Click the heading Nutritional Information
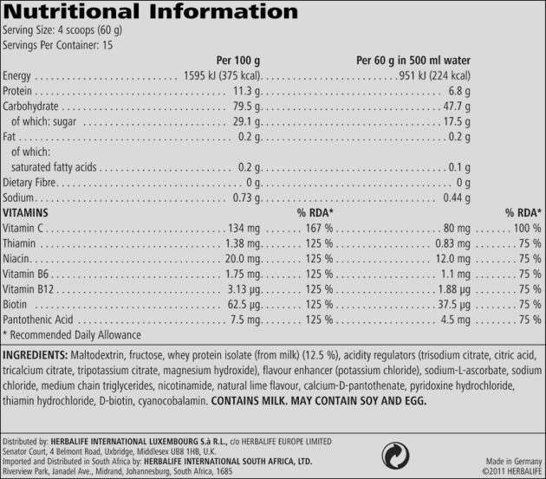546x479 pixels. (x=152, y=13)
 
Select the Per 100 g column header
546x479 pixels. (x=237, y=60)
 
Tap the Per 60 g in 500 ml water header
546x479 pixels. (x=413, y=60)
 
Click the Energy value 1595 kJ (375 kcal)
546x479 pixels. (x=223, y=75)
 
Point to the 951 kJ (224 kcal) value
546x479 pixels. (x=433, y=75)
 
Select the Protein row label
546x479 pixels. (x=17, y=91)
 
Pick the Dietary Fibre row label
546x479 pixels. (x=29, y=183)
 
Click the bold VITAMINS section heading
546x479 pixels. (x=25, y=212)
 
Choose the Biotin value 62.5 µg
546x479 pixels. (x=244, y=304)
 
